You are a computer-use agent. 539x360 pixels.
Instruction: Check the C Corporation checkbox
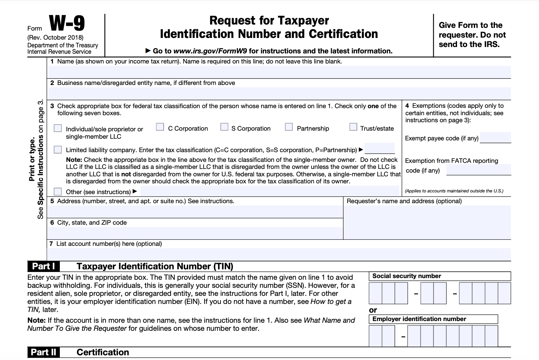[160, 127]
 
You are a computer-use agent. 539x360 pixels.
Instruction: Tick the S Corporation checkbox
[224, 127]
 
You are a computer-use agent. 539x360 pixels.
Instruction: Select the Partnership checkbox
[289, 127]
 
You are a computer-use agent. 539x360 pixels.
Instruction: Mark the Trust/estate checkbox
[353, 127]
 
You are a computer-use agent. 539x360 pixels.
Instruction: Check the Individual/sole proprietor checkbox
[58, 128]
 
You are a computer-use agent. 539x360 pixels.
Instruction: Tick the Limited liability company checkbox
[58, 149]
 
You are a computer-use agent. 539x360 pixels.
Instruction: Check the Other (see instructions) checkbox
[58, 191]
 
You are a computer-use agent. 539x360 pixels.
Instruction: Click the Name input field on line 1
[279, 72]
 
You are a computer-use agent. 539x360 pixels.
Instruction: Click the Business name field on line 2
[279, 93]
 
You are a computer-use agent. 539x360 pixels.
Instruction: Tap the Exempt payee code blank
[495, 138]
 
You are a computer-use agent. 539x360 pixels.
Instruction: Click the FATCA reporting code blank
[479, 170]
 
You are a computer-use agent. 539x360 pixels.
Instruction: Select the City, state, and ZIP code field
[195, 233]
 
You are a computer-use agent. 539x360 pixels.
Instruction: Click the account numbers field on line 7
[279, 254]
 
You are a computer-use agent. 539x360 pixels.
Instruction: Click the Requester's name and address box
[427, 222]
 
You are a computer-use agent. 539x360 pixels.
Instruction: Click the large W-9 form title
[67, 24]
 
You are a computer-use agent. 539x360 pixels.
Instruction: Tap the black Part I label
[44, 266]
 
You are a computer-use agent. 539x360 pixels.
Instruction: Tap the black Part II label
[44, 352]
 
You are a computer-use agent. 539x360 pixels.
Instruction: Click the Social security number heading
[407, 276]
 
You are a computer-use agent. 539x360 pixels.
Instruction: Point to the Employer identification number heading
[419, 319]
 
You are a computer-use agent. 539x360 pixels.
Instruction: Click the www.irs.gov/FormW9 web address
[210, 51]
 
